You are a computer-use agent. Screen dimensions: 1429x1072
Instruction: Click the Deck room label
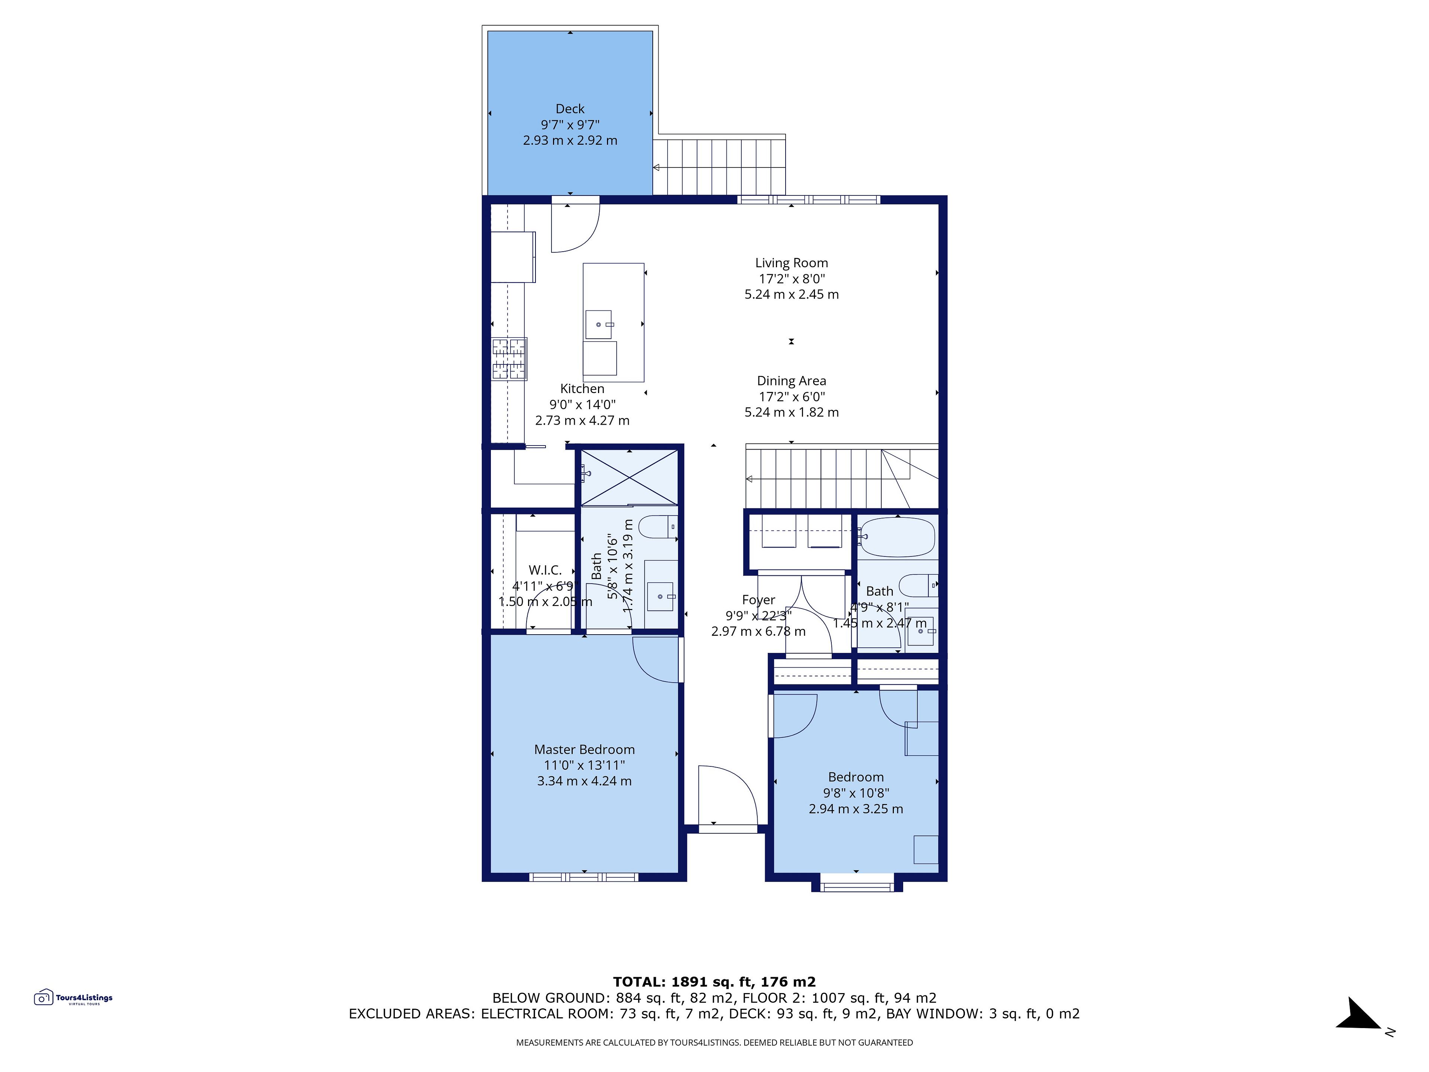(570, 109)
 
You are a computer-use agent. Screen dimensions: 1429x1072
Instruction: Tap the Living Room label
(792, 263)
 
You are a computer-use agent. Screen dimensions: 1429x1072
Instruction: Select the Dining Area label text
(792, 381)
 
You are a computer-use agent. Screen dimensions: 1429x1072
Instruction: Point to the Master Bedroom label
(584, 750)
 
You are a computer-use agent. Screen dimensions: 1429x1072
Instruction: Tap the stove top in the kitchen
(509, 358)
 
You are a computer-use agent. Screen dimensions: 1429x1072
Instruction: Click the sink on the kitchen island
(599, 324)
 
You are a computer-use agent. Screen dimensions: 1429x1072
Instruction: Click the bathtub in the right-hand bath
(898, 537)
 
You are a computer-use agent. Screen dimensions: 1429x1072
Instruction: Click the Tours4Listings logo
(73, 998)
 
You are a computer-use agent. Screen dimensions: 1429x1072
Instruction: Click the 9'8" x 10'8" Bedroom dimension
(856, 793)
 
